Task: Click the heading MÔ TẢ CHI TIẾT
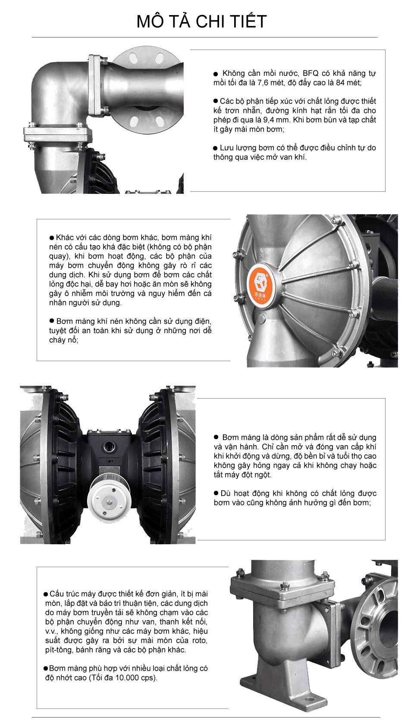tap(202, 22)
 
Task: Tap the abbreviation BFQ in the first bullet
tap(310, 74)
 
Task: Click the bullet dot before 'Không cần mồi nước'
tap(216, 74)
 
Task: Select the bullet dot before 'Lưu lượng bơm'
tap(216, 148)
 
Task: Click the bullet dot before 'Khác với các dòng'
tap(52, 238)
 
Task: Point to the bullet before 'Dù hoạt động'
tap(216, 493)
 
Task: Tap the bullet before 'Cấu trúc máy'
tap(46, 594)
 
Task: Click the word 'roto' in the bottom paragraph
tap(200, 641)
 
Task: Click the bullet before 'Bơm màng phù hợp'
tap(46, 669)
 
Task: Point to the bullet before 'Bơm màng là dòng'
tap(216, 437)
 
